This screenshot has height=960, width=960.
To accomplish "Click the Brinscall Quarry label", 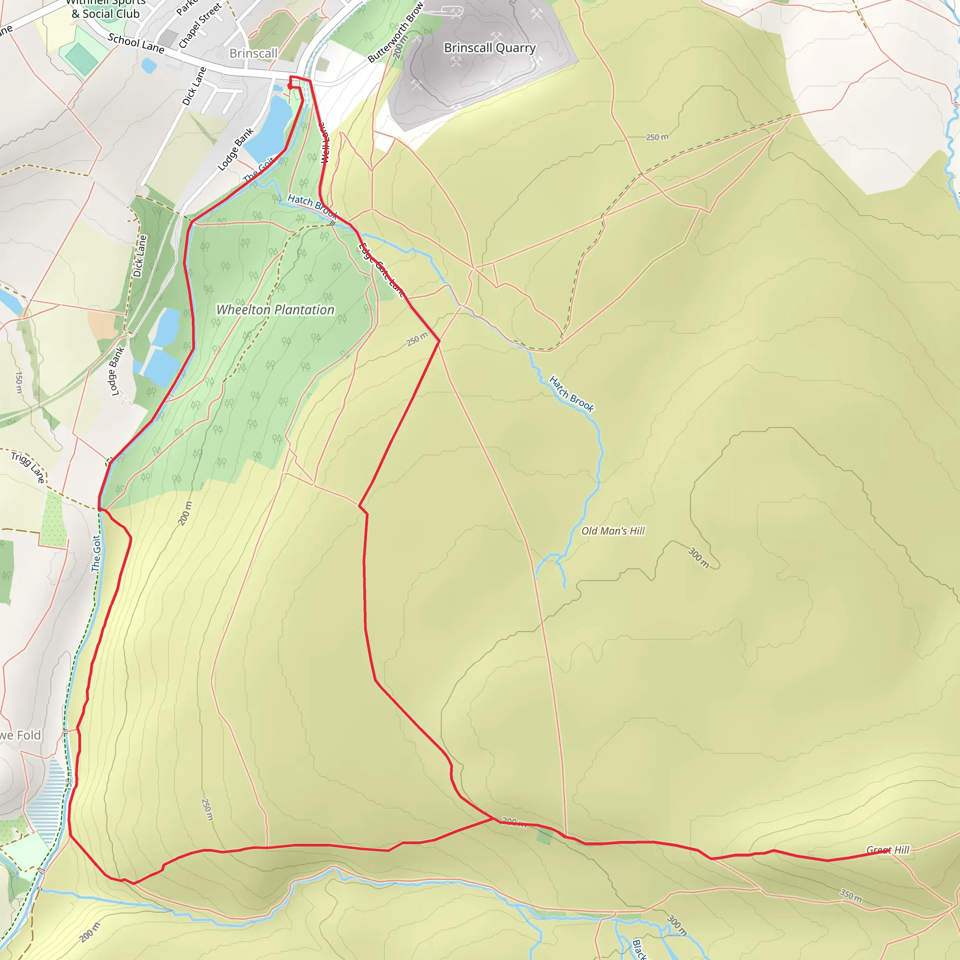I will click(489, 48).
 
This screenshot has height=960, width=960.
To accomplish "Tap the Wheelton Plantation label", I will click(275, 309).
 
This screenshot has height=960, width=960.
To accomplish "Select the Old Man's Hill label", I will click(613, 531).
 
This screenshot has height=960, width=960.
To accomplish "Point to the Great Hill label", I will click(887, 850).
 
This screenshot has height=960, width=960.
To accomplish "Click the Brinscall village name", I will click(253, 53).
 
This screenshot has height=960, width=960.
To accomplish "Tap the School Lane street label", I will click(135, 43).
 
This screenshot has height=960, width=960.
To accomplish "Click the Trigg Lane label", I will click(28, 466).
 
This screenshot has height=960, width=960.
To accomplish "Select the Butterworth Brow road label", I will click(395, 33).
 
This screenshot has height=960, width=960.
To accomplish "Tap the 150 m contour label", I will click(19, 382).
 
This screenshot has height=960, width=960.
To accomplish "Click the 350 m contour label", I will click(851, 895).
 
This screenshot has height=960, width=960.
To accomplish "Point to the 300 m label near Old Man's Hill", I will click(698, 557).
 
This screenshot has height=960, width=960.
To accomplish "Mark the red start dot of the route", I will click(290, 86).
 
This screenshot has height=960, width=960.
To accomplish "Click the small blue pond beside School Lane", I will click(149, 65).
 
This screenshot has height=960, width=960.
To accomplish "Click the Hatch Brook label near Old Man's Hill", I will click(571, 394).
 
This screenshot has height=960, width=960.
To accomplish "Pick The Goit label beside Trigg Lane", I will click(96, 553).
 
